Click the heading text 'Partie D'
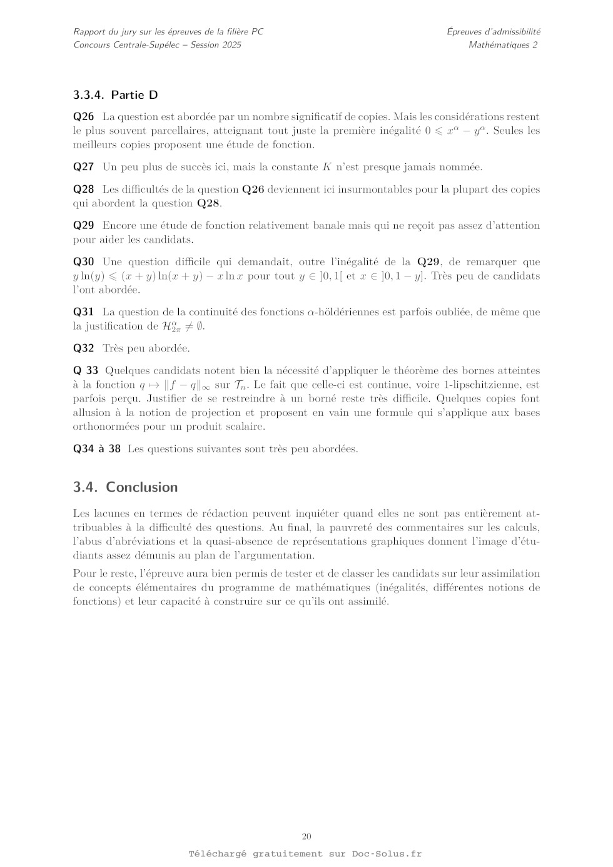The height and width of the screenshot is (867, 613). [134, 95]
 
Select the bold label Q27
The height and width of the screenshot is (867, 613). [83, 167]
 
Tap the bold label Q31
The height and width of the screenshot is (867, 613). [83, 312]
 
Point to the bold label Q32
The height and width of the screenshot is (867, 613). [83, 348]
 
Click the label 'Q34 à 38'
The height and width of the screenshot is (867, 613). [96, 449]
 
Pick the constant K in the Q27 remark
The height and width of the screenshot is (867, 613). [327, 167]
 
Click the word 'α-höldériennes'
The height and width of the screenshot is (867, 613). [344, 312]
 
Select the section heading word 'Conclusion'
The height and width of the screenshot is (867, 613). [142, 487]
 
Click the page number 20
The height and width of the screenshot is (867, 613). [306, 837]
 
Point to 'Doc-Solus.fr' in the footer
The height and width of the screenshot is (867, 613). [387, 854]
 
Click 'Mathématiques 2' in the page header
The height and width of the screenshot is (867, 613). [503, 45]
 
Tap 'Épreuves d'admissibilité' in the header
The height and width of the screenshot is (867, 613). [494, 31]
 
